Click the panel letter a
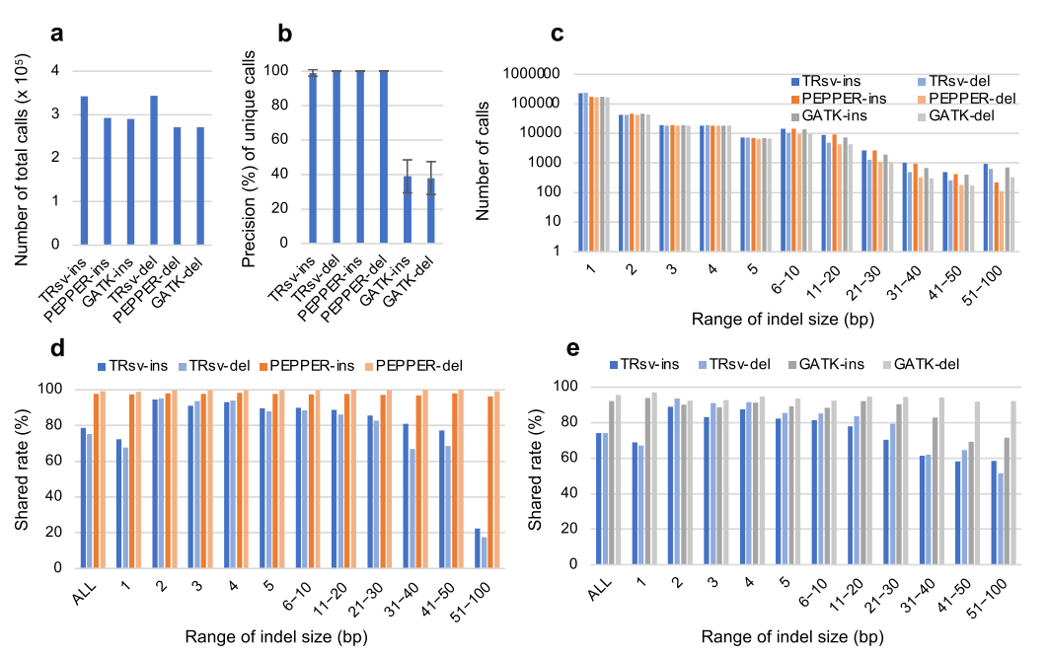(x=58, y=34)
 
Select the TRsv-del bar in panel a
(x=154, y=170)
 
